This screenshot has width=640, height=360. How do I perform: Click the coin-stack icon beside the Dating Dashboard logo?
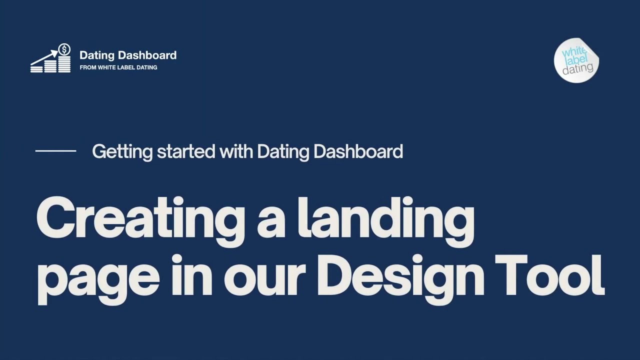(x=50, y=63)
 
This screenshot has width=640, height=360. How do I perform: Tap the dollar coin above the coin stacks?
(x=64, y=49)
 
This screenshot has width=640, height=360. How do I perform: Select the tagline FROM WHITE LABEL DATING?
(x=118, y=67)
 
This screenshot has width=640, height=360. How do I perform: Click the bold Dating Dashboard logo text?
(x=128, y=55)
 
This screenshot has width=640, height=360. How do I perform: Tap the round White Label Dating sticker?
(x=576, y=60)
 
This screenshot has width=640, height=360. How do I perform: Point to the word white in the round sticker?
(x=573, y=52)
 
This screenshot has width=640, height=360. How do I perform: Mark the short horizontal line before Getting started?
(x=55, y=150)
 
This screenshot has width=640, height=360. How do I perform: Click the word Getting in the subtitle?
(x=122, y=151)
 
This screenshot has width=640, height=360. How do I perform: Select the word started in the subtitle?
(x=186, y=151)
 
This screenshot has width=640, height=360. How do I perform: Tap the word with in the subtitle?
(x=236, y=151)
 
